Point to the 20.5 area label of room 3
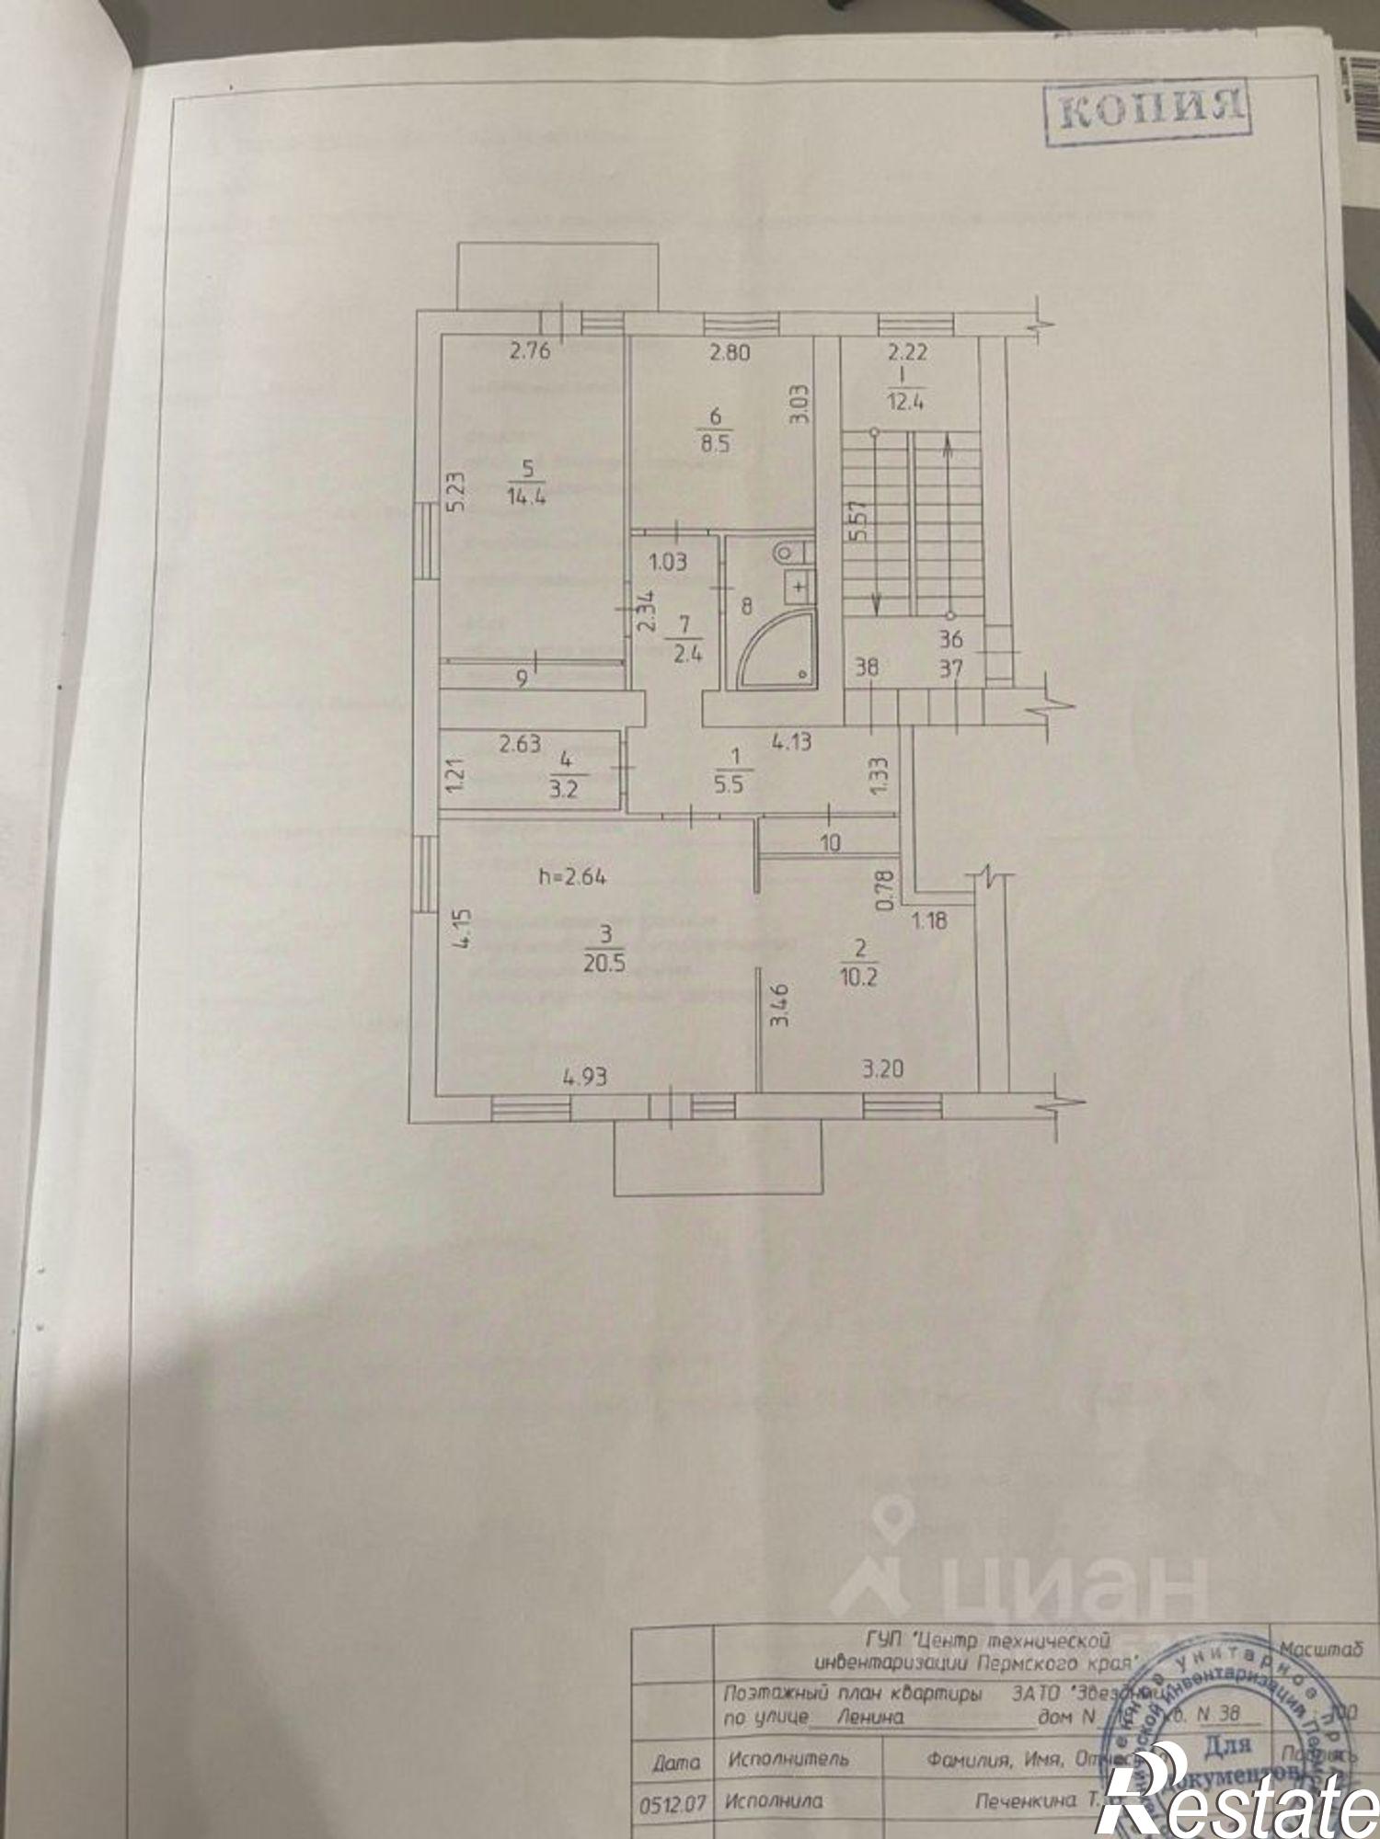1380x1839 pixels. [x=604, y=964]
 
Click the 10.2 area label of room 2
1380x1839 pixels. [x=857, y=977]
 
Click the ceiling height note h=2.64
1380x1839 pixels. [x=572, y=876]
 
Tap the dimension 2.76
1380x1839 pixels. [x=529, y=350]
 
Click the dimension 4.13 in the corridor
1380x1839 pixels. [x=791, y=740]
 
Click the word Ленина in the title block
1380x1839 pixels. [x=870, y=1715]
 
